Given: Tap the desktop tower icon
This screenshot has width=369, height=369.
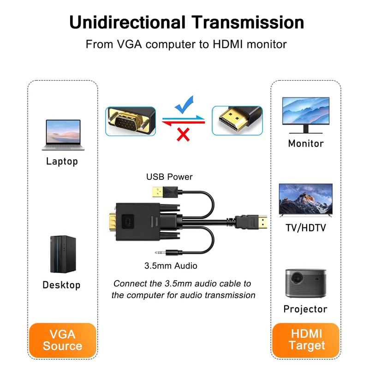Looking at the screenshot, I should click(63, 255).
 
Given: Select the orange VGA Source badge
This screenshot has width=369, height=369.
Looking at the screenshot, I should click(63, 340).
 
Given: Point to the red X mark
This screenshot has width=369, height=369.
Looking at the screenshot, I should click(184, 134).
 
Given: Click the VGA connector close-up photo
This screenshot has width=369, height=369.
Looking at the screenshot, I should click(131, 121).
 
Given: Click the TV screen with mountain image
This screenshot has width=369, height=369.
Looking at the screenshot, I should click(305, 199).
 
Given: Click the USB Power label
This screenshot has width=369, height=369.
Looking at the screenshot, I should click(169, 177).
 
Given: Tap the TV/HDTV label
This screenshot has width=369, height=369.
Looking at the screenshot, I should click(306, 228).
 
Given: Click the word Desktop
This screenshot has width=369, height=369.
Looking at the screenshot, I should click(61, 285).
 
